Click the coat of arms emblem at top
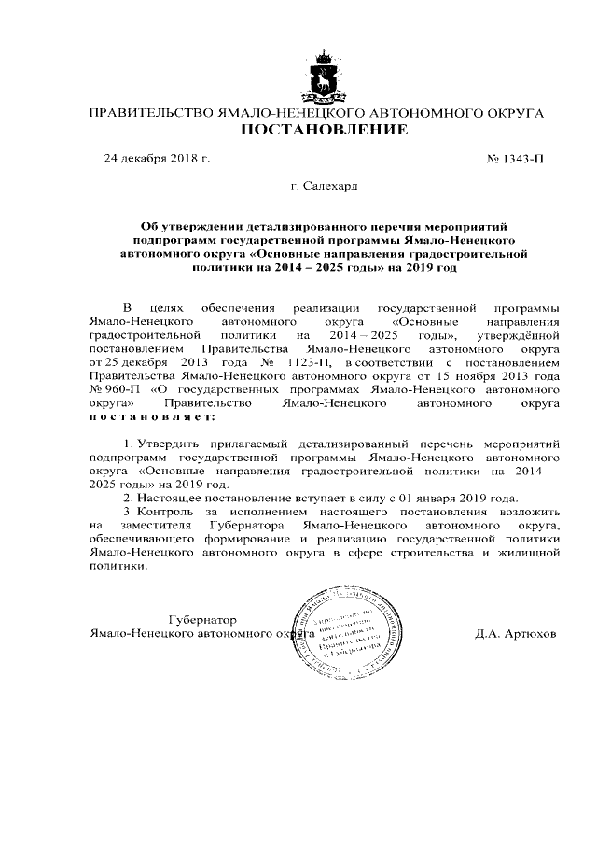[x=324, y=76]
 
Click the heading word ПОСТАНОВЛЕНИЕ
[x=324, y=130]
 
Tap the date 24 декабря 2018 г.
[x=157, y=158]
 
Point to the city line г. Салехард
[x=324, y=186]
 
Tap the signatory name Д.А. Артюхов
[x=514, y=634]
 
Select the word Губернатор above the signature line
[x=202, y=619]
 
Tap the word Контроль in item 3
[x=172, y=513]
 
